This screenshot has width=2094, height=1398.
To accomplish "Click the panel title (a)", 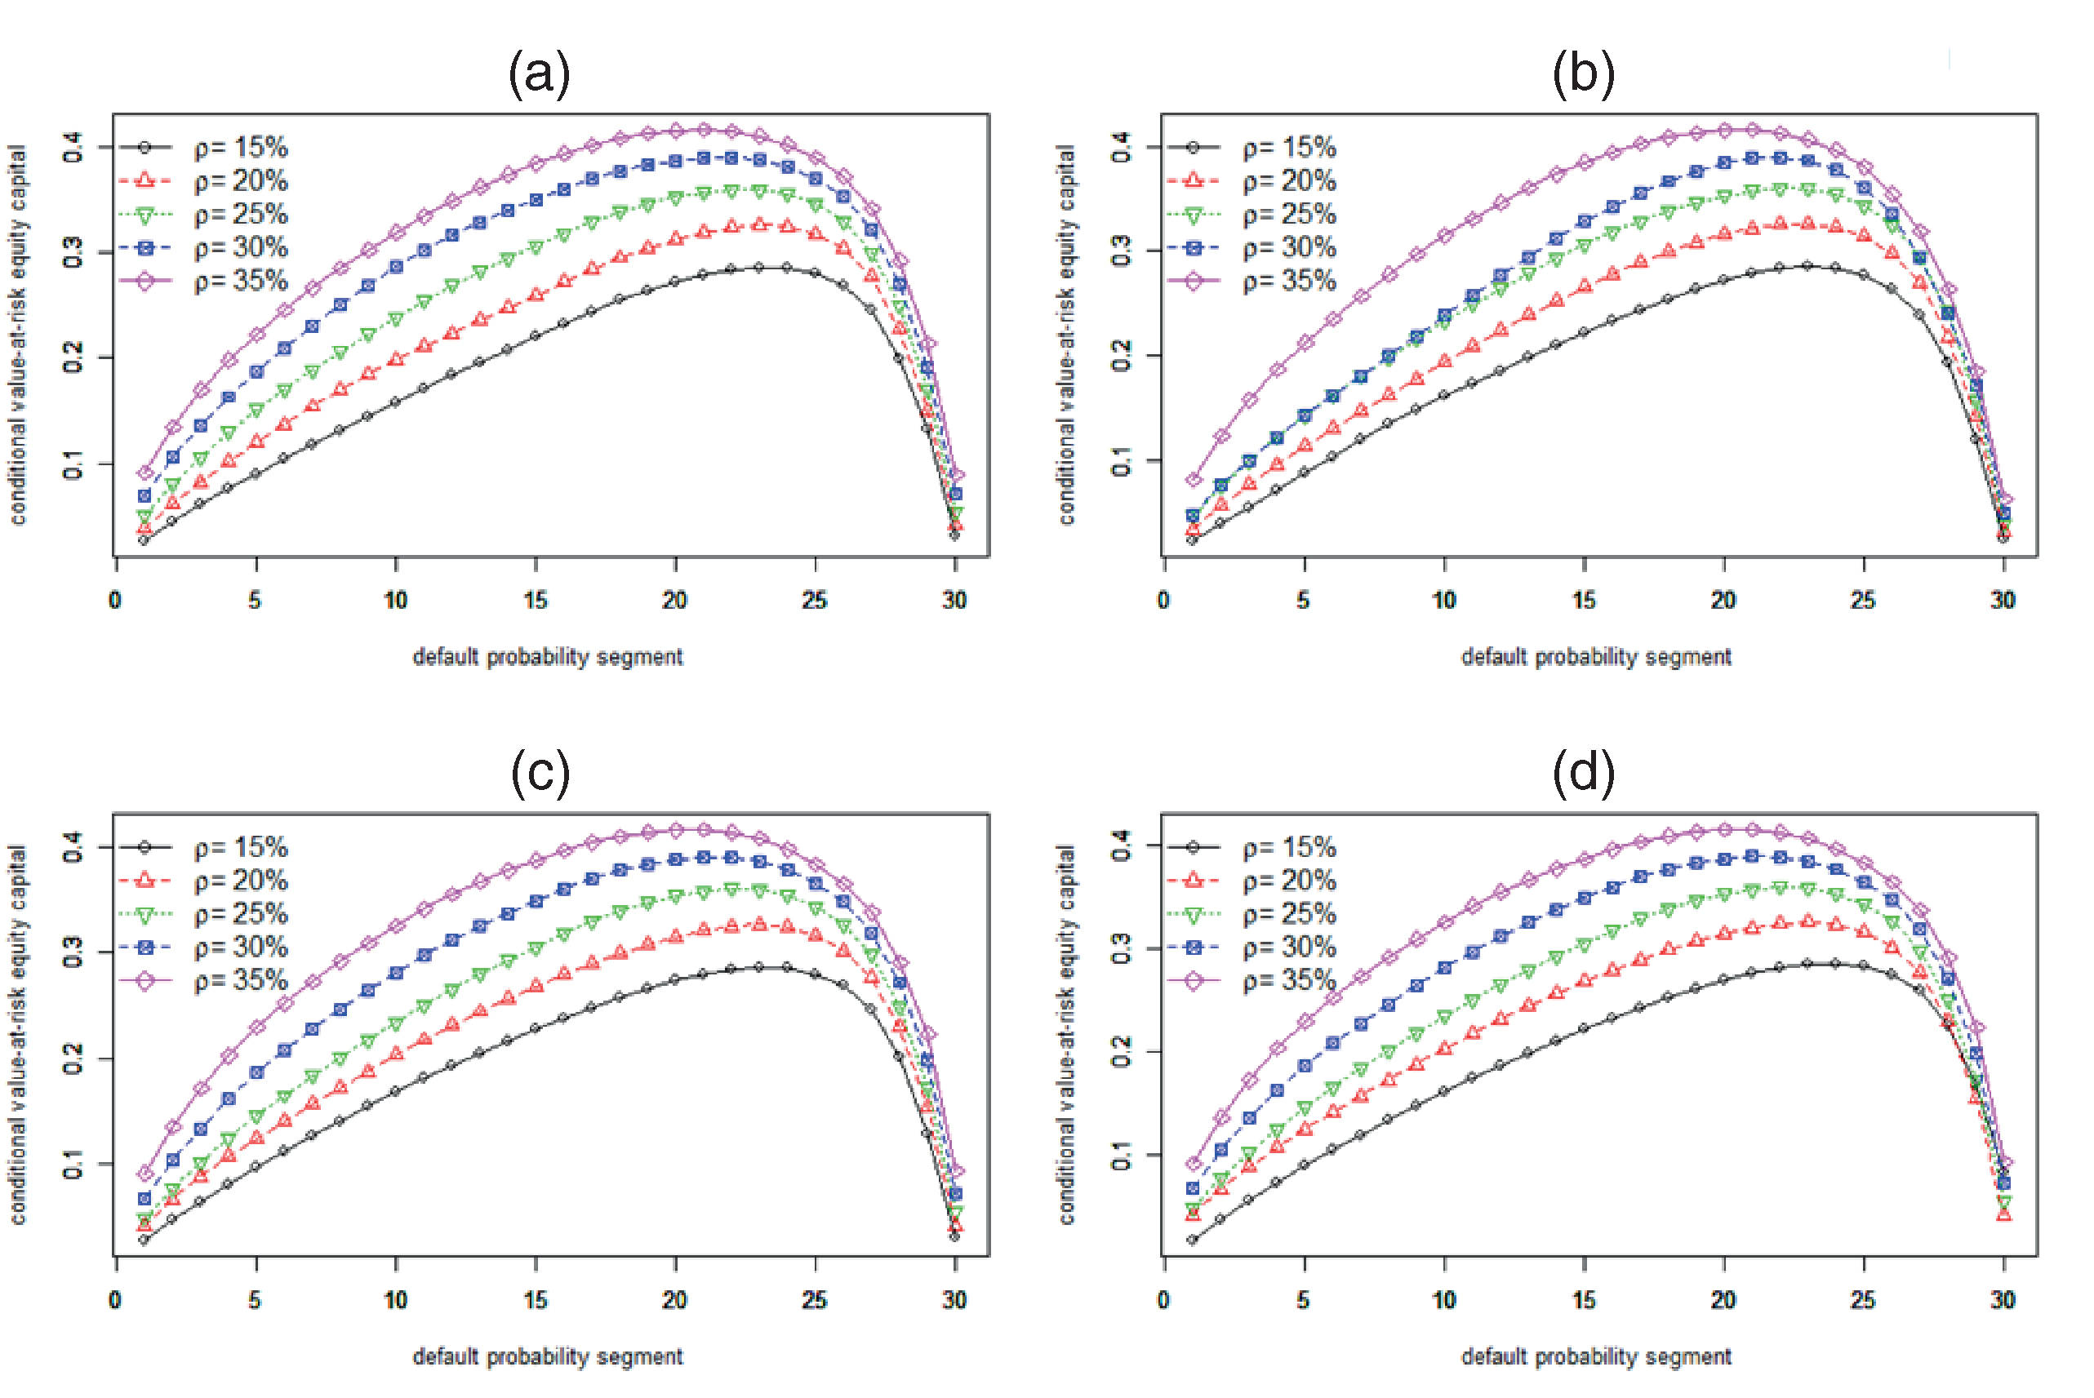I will pyautogui.click(x=539, y=73).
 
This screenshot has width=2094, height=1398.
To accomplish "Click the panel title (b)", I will pyautogui.click(x=1583, y=73).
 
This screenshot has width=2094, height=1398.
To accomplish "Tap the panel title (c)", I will pyautogui.click(x=540, y=772).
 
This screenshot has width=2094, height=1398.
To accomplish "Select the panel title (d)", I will pyautogui.click(x=1583, y=772).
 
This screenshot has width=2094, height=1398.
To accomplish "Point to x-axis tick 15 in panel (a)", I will pyautogui.click(x=535, y=600).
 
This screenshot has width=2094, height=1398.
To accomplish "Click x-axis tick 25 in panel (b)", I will pyautogui.click(x=1863, y=600).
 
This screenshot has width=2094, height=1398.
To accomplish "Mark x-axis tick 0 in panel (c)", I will pyautogui.click(x=115, y=1300).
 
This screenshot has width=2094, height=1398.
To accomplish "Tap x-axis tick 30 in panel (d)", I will pyautogui.click(x=2003, y=1300).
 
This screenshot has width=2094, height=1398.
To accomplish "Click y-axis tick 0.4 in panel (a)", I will pyautogui.click(x=73, y=147).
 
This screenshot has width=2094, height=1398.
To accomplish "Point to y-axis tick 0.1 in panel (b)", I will pyautogui.click(x=1122, y=462).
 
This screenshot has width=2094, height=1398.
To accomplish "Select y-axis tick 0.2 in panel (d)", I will pyautogui.click(x=1122, y=1052).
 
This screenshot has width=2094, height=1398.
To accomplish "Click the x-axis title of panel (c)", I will pyautogui.click(x=548, y=1357).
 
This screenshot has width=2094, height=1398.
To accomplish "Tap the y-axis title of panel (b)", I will pyautogui.click(x=1067, y=335).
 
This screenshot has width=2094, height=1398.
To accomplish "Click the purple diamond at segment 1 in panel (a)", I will pyautogui.click(x=144, y=473).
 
